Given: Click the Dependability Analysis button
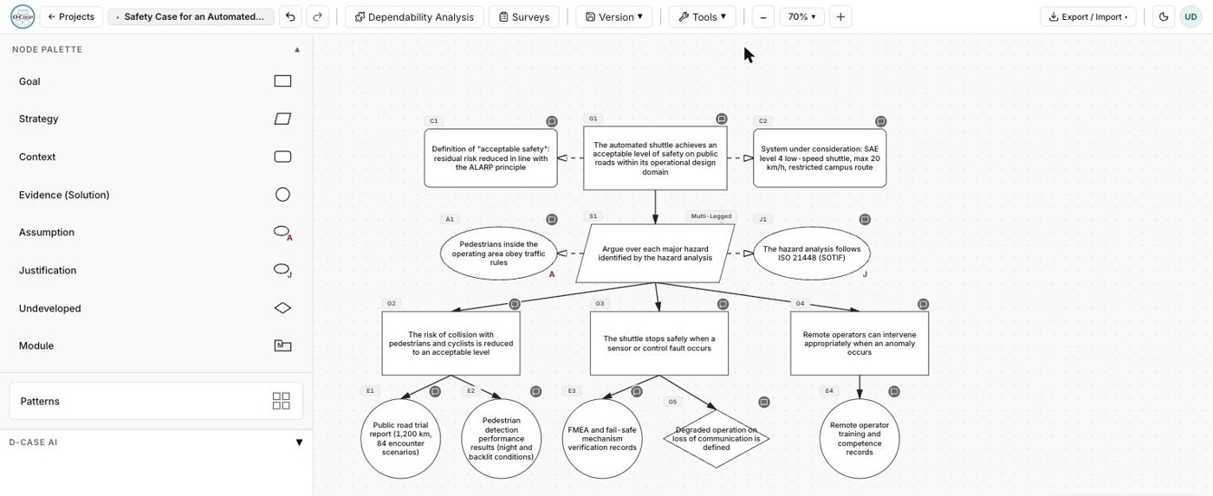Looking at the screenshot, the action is [414, 16].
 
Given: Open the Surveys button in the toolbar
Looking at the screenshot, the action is [523, 16].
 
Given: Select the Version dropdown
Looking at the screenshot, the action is [613, 16].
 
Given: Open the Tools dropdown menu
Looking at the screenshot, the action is [702, 16].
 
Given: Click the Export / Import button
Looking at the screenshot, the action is [1088, 16].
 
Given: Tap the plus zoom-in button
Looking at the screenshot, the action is [840, 16].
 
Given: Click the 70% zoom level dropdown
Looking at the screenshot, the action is [801, 16].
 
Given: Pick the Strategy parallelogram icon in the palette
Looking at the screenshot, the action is [282, 119].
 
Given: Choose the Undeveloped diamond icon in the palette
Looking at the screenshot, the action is [282, 308].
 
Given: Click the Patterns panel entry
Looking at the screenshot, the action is [156, 401].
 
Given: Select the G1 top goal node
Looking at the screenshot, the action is [655, 158].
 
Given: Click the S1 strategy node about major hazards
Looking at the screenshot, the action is [655, 253].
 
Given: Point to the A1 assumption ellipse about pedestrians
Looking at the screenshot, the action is [499, 253].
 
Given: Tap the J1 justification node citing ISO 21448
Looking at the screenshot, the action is [812, 253].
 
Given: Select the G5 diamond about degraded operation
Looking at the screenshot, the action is [717, 438].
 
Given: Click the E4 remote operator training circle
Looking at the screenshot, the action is [859, 438].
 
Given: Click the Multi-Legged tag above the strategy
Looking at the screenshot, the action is [711, 216].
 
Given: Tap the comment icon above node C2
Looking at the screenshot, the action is [880, 121].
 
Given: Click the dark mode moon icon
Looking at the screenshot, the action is [1163, 16].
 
